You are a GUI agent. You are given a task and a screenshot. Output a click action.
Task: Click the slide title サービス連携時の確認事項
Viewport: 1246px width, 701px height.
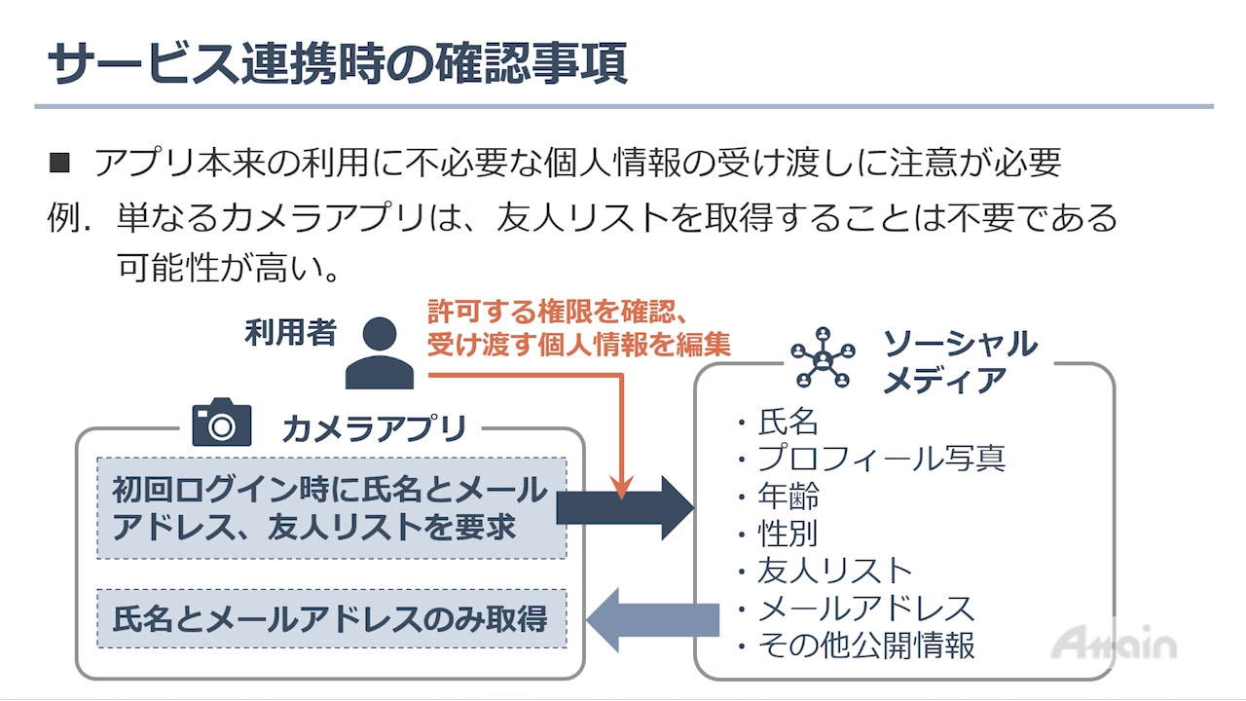338,65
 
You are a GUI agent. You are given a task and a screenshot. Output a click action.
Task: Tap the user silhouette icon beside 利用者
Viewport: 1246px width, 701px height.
380,353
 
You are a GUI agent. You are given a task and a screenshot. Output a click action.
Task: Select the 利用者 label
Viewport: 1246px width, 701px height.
290,333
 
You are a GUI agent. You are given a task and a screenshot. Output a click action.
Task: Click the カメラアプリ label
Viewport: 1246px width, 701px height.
374,428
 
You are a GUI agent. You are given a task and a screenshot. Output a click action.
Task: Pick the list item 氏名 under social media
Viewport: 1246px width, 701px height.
788,422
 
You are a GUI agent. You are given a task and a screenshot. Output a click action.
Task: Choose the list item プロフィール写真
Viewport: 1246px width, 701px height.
881,458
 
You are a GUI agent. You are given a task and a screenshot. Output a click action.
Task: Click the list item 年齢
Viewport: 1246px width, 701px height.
788,496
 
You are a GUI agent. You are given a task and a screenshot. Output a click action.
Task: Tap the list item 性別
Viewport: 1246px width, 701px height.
788,533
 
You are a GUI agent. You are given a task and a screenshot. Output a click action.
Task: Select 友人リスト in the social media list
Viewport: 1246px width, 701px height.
834,571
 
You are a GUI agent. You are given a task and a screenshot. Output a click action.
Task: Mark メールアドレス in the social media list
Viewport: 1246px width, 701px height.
865,608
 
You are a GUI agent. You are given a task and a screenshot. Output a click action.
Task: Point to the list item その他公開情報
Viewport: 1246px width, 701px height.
865,645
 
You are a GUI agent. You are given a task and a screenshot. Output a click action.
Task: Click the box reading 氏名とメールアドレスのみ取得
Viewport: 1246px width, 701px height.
331,619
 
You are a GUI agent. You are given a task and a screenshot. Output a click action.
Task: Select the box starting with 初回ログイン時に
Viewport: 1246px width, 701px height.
331,507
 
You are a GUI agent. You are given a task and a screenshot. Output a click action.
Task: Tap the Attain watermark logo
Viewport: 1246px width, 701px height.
1114,644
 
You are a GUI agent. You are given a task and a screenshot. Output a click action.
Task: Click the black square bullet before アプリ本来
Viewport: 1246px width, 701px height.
59,163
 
